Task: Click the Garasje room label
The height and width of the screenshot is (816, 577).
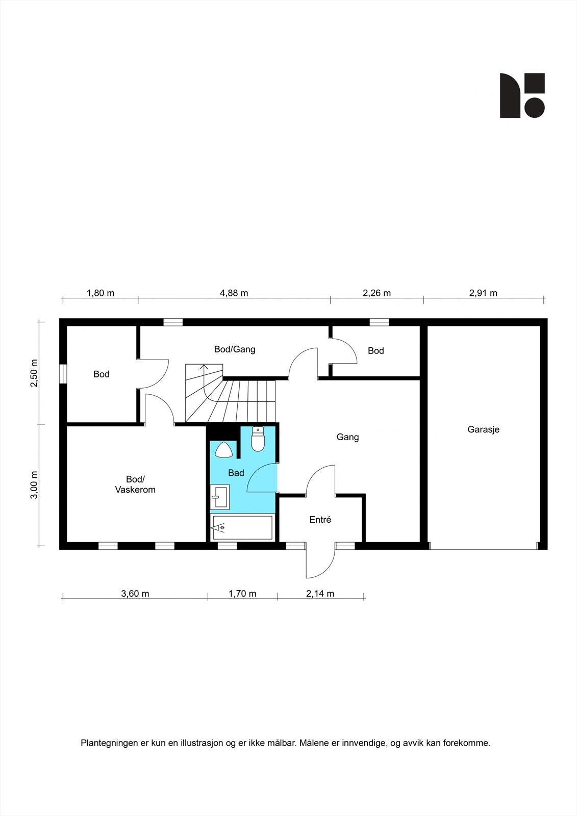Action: tap(483, 429)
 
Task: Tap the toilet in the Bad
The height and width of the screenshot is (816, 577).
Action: tap(258, 440)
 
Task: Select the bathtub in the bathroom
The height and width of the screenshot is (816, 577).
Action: tap(243, 528)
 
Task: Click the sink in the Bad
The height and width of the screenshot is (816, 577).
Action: tap(220, 497)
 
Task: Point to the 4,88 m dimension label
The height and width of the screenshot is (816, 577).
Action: tap(234, 293)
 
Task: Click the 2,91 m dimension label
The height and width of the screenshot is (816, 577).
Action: tap(483, 293)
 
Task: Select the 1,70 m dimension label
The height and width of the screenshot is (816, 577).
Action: tap(242, 594)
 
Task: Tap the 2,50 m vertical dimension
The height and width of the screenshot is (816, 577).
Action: tap(34, 373)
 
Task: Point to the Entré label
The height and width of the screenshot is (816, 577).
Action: tap(320, 520)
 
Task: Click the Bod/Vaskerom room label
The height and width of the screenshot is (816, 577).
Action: tap(135, 484)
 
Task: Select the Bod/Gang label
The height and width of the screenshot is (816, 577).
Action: tap(235, 349)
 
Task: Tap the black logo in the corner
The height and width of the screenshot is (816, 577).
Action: tap(522, 95)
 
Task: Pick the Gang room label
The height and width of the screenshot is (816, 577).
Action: tap(347, 437)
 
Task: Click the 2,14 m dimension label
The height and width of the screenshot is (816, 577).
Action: tap(320, 594)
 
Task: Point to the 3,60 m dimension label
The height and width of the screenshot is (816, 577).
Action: tap(135, 594)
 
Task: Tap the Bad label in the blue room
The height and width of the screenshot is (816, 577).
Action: tap(236, 473)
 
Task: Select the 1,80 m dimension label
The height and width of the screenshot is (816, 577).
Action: tap(101, 293)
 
